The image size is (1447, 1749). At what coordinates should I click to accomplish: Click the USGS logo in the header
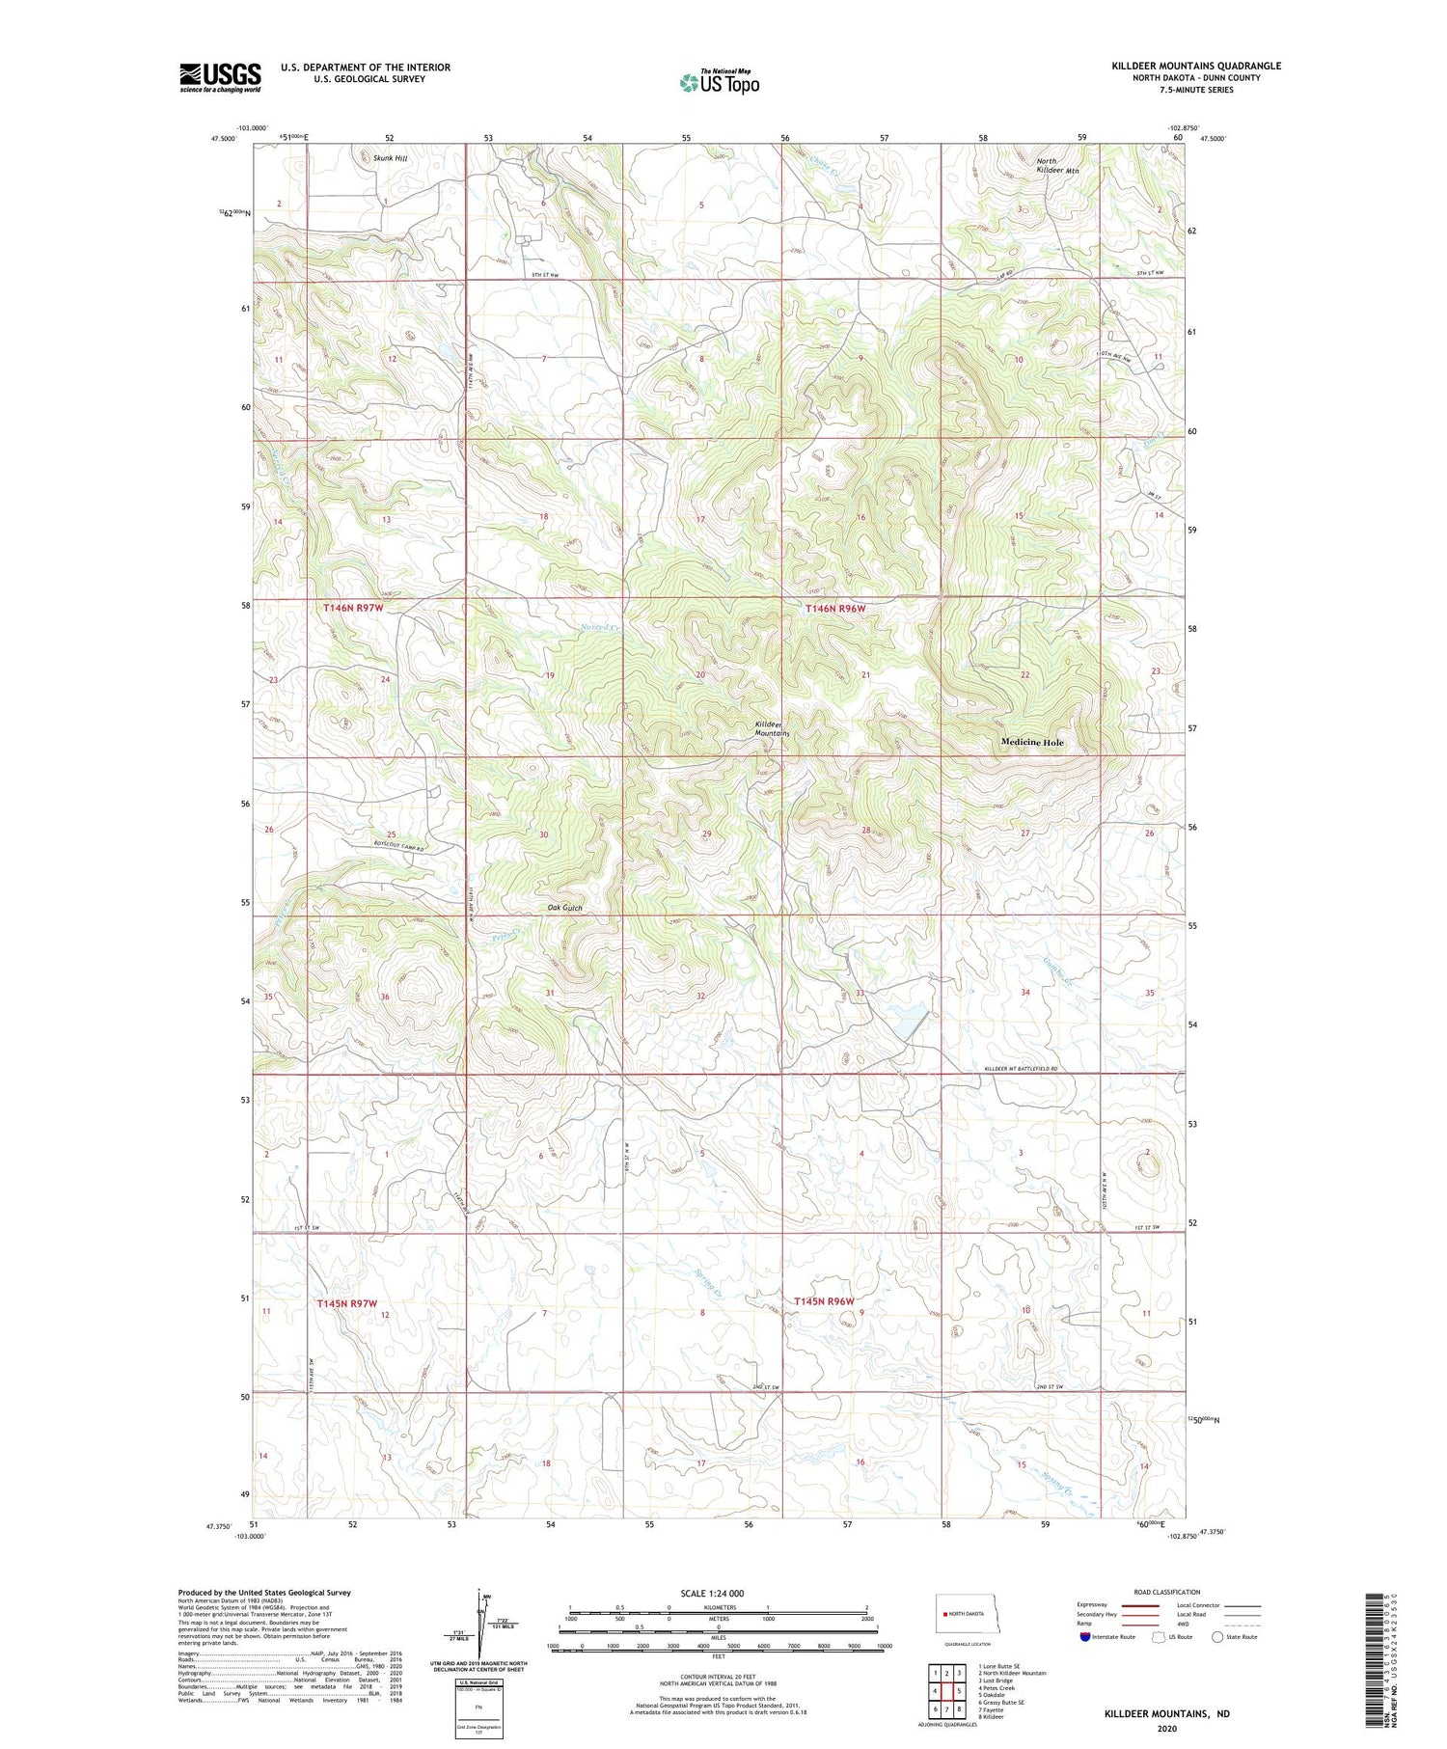click(220, 77)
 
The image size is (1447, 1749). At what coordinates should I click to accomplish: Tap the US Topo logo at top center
click(719, 82)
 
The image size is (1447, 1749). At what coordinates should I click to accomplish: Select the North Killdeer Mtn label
click(1057, 166)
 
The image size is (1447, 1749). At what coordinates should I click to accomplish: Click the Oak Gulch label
click(564, 908)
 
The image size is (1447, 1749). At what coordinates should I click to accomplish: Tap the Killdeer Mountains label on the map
click(772, 728)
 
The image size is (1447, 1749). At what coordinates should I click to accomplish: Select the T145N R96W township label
click(825, 1301)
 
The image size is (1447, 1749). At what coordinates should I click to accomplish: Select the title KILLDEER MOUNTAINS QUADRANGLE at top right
click(1196, 66)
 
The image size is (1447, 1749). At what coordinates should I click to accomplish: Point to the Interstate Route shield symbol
click(1085, 1636)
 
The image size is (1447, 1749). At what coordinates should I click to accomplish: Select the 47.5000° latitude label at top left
click(224, 139)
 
